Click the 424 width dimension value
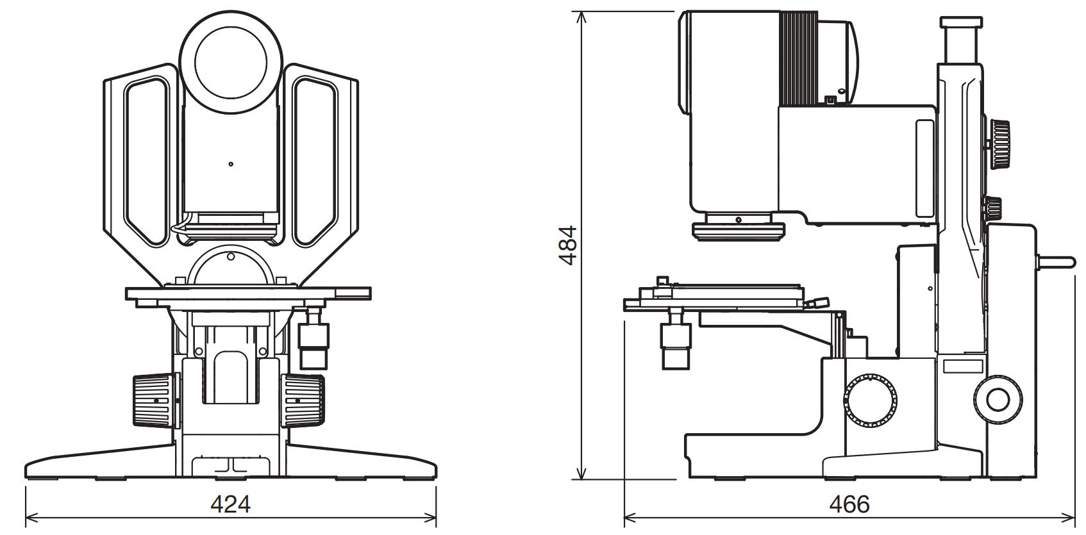pos(230,504)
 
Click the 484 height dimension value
pos(568,245)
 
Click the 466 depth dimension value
pos(849,504)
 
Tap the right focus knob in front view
pos(303,400)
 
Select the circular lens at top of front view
pos(231,62)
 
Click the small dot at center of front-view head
pos(231,164)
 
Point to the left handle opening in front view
pos(148,160)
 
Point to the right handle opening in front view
pos(315,161)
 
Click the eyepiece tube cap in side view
pos(962,22)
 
